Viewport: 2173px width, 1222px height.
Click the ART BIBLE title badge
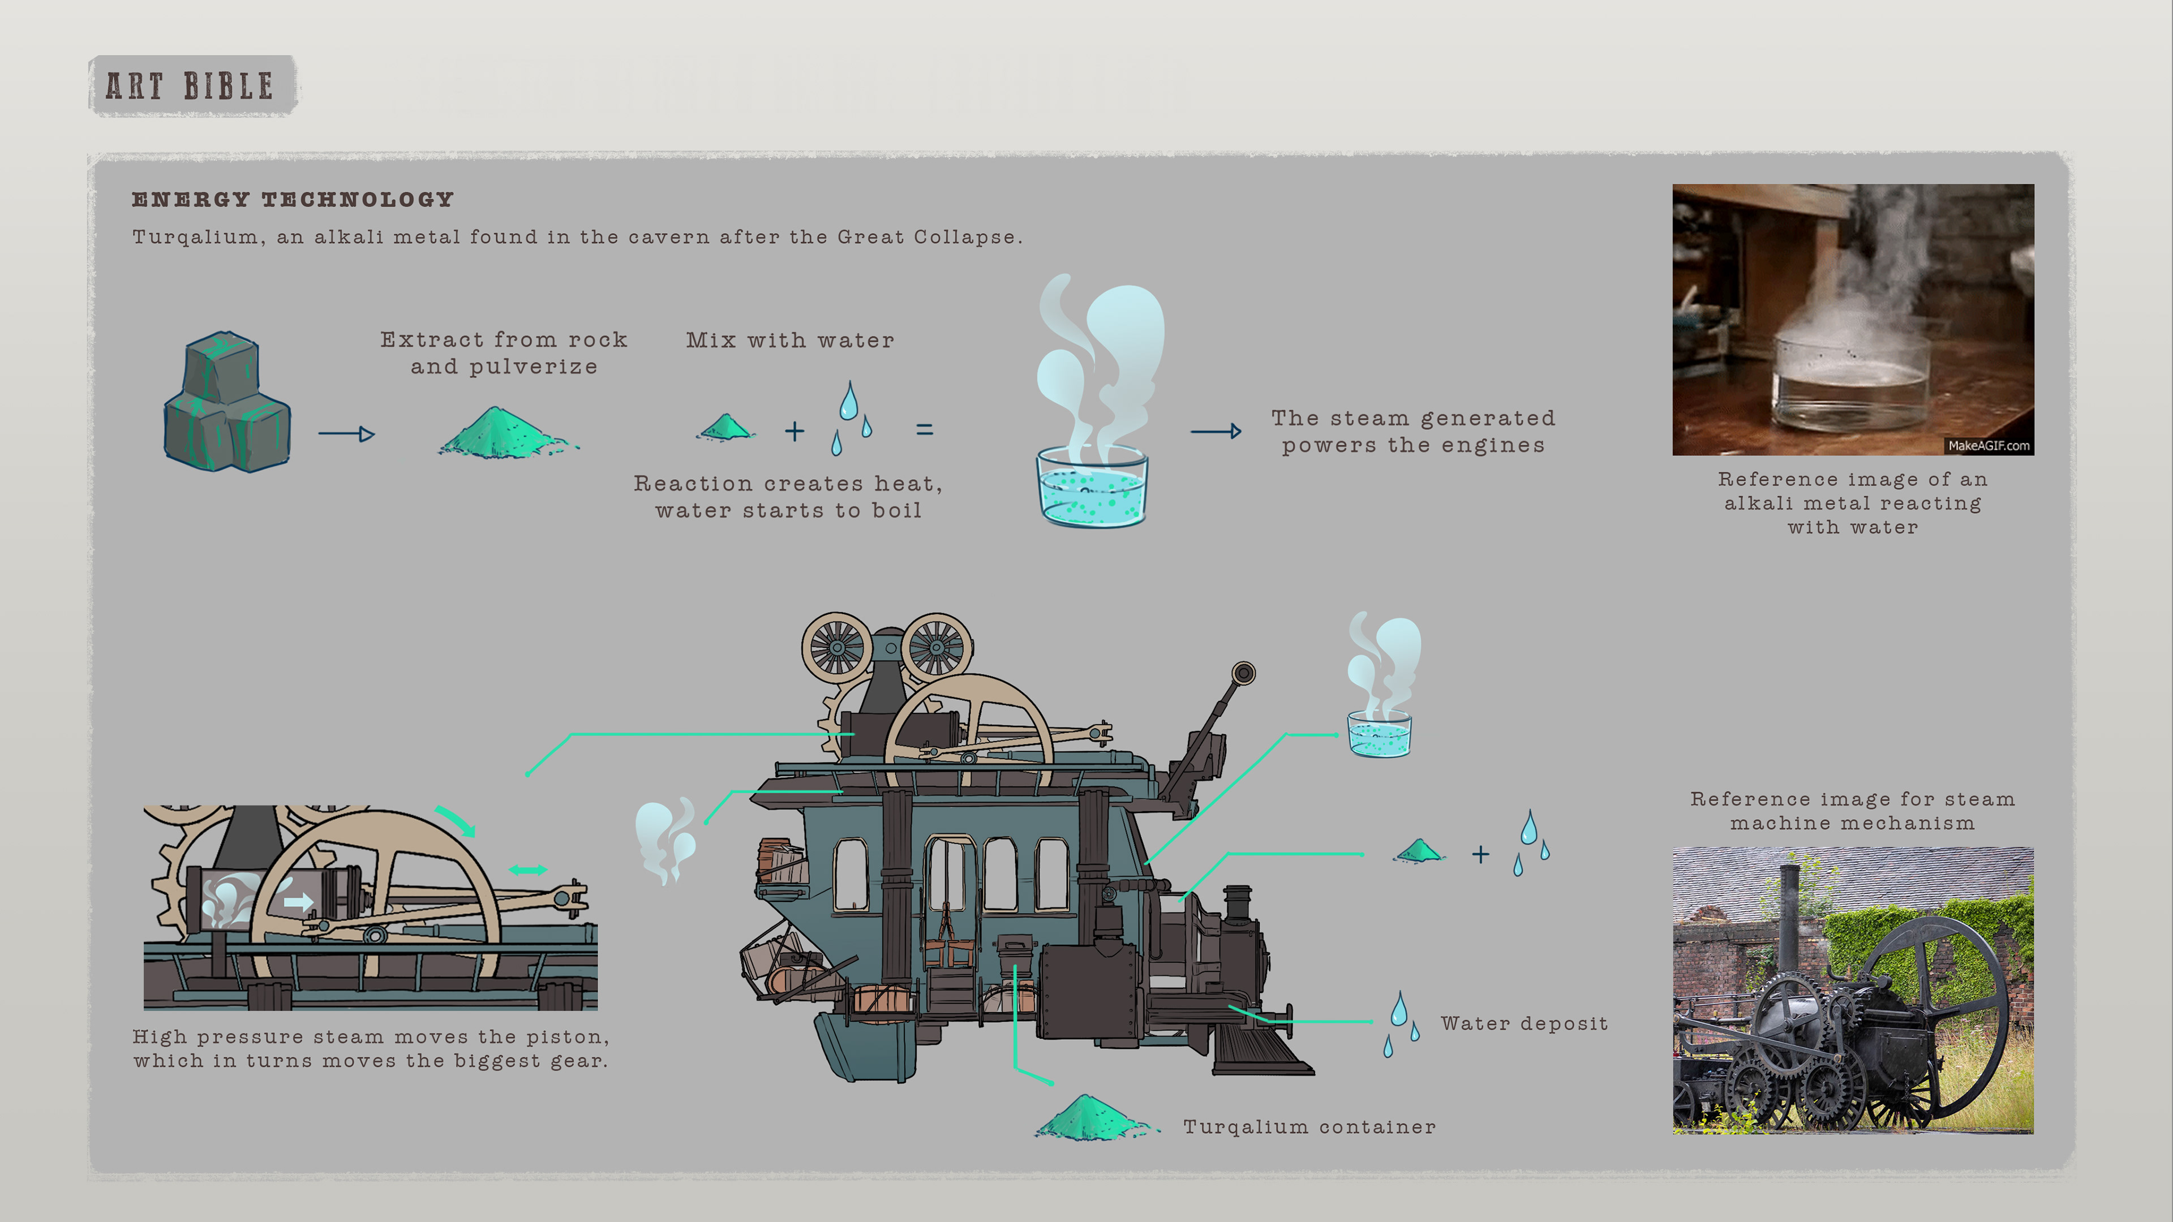pos(191,85)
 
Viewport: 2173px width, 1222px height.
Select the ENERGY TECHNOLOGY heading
pos(293,200)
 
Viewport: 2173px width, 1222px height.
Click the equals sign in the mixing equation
pos(925,430)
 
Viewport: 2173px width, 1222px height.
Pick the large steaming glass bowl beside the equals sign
pos(1092,485)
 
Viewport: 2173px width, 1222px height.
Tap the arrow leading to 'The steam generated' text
pos(1216,432)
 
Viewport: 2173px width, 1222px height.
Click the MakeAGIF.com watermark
pos(1989,445)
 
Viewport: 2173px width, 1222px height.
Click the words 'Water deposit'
pos(1523,1024)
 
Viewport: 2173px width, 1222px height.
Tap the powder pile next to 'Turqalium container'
pos(1090,1117)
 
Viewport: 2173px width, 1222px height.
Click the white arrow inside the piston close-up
pos(297,902)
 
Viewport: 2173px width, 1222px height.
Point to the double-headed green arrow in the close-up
pos(527,870)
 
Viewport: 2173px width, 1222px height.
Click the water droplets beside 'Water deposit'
pos(1401,1023)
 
